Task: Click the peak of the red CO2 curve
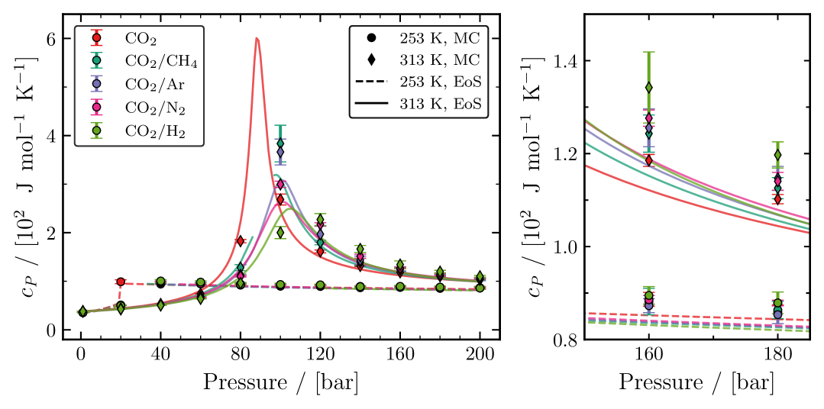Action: click(x=257, y=38)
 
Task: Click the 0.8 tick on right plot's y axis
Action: click(x=564, y=340)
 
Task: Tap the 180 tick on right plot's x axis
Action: click(x=777, y=356)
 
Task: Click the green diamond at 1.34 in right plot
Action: click(x=649, y=88)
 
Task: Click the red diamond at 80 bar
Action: click(x=241, y=241)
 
